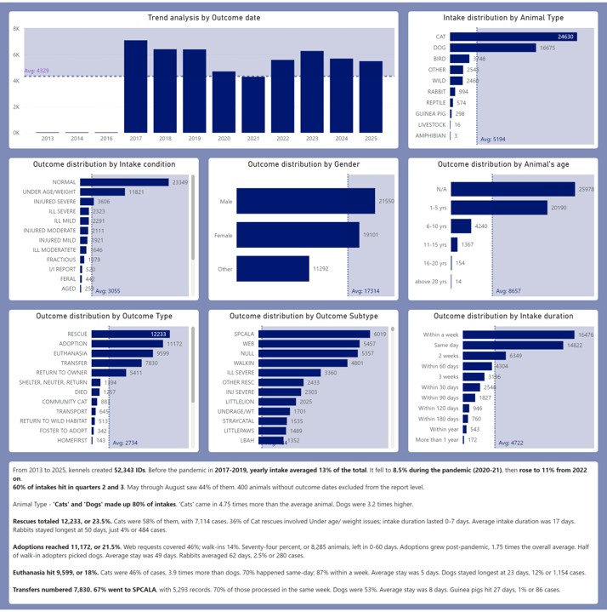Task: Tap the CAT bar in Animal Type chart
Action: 513,37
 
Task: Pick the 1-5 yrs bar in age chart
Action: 499,207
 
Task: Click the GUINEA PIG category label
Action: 428,113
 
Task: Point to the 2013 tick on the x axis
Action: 48,138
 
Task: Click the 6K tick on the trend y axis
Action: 16,55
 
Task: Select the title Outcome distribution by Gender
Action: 300,163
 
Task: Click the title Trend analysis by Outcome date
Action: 204,17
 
